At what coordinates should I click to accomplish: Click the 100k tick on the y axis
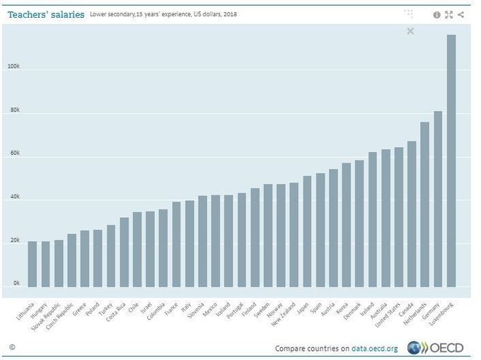click(x=13, y=66)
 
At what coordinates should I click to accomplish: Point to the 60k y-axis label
click(x=13, y=153)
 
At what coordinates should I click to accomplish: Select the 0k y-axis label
click(x=15, y=284)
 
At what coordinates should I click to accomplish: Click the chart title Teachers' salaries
click(x=45, y=14)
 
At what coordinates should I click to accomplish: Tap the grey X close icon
click(x=411, y=31)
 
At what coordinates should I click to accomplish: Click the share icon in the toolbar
click(x=461, y=14)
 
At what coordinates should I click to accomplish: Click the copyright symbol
click(x=12, y=347)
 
